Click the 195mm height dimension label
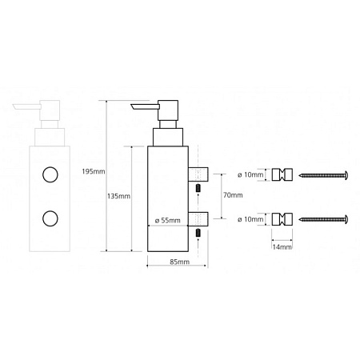click(94, 171)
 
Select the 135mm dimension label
click(118, 196)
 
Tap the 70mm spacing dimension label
click(233, 195)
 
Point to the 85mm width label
click(180, 262)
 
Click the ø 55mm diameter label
click(168, 221)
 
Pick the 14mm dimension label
click(282, 247)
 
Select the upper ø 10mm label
click(250, 175)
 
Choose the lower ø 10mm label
click(250, 219)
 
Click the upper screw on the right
click(323, 175)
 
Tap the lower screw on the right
click(323, 219)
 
